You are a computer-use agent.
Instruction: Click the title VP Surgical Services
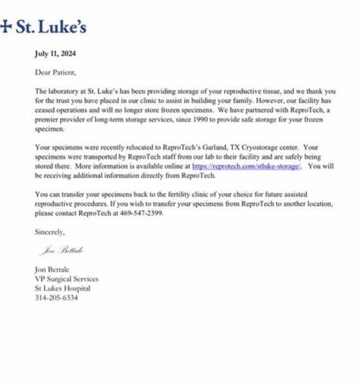(x=67, y=279)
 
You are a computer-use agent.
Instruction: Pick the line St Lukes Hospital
(x=63, y=288)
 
